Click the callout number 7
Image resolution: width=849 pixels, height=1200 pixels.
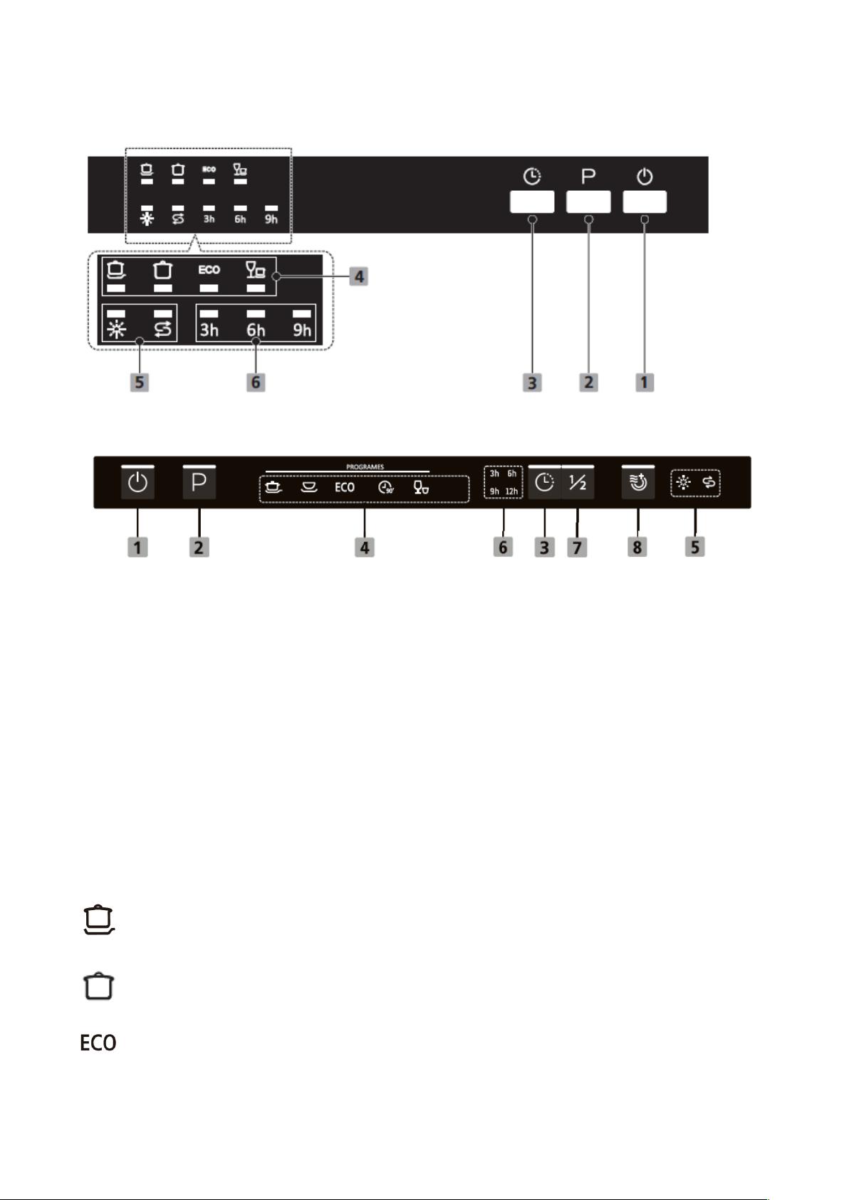click(x=577, y=548)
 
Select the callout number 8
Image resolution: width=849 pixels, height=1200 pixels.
click(x=637, y=548)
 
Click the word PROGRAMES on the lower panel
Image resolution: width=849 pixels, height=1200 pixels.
click(x=365, y=466)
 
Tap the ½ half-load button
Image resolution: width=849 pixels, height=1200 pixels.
click(x=578, y=482)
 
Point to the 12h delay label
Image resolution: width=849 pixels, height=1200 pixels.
click(x=511, y=491)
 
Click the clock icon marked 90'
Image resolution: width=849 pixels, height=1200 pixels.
click(x=385, y=488)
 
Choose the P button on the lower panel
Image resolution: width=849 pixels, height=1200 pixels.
click(x=199, y=482)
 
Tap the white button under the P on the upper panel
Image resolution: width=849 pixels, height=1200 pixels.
click(x=588, y=202)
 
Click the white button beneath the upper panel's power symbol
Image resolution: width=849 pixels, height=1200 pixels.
click(x=645, y=202)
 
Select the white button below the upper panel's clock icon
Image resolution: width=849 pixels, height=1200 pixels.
click(x=532, y=202)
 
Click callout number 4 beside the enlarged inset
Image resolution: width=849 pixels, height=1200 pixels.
click(x=359, y=276)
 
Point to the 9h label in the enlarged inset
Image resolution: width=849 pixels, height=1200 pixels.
click(x=302, y=330)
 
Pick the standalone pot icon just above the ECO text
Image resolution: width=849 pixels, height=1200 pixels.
click(x=98, y=986)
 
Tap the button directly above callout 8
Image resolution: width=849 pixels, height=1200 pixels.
click(x=638, y=482)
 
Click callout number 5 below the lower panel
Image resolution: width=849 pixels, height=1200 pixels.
click(x=694, y=548)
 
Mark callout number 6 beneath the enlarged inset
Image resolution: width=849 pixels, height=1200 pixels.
click(x=256, y=382)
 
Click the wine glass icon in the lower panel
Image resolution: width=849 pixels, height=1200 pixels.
click(x=421, y=487)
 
